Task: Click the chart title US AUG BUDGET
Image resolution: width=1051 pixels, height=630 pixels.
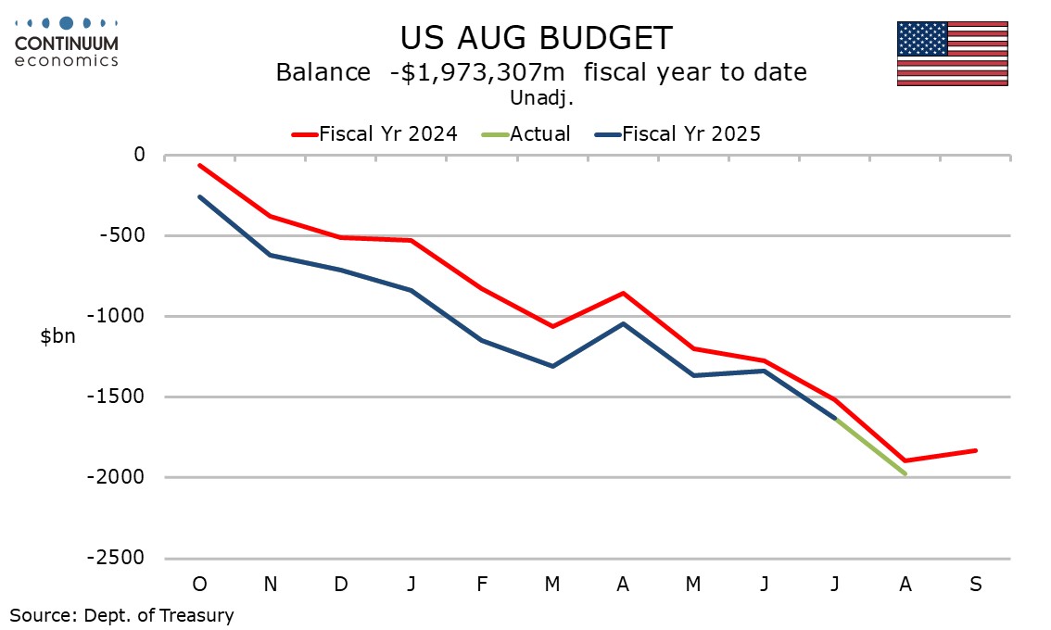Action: [x=536, y=38]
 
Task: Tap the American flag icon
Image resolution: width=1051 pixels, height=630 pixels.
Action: [x=952, y=54]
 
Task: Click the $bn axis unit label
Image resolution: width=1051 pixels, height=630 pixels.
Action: [x=57, y=337]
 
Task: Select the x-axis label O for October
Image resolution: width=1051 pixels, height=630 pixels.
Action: [x=199, y=585]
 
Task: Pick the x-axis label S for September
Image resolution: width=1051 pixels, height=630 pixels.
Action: [x=975, y=585]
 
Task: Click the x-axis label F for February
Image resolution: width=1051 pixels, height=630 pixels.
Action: [x=482, y=585]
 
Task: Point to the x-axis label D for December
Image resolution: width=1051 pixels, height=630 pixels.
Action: [x=341, y=585]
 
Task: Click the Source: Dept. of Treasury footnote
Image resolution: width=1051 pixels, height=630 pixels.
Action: [x=121, y=614]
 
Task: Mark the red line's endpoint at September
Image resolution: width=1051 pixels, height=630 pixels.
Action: [x=975, y=450]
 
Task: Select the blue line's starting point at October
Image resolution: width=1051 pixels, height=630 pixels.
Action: [x=199, y=196]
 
